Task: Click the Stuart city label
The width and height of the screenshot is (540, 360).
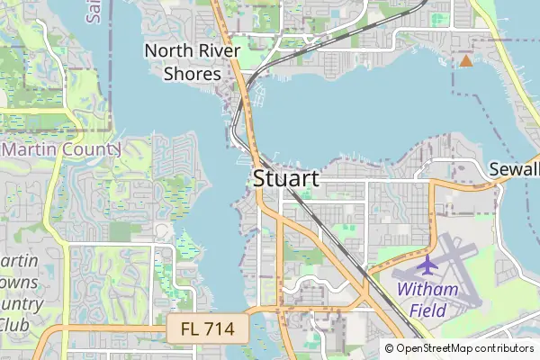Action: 285,178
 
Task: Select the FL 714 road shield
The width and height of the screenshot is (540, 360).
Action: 207,330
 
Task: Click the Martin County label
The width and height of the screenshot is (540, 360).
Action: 61,148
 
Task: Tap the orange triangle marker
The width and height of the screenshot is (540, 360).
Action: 465,60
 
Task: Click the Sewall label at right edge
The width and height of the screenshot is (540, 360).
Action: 514,170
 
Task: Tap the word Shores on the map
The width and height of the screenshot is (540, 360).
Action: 192,74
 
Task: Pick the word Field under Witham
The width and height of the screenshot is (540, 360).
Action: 427,310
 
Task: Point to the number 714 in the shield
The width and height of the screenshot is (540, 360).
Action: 221,330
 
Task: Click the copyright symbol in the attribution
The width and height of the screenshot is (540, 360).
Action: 389,348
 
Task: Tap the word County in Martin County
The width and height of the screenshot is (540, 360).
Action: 90,148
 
